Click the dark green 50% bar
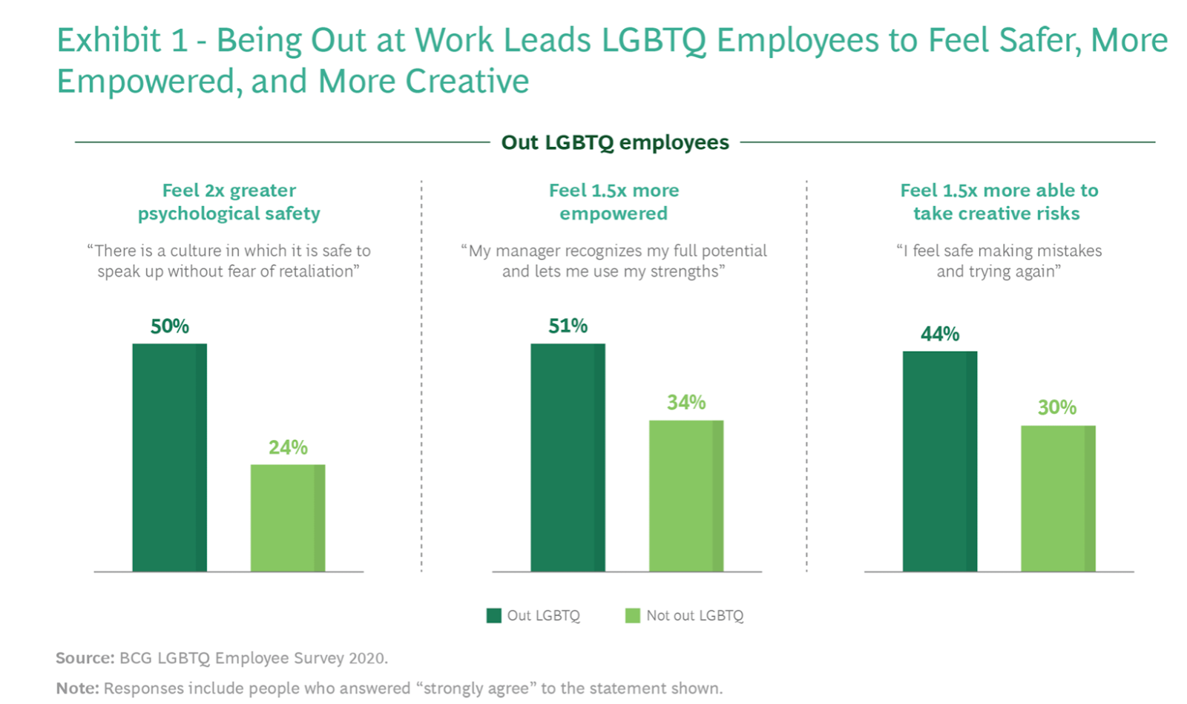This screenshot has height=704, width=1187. [169, 457]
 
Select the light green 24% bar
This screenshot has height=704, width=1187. [288, 518]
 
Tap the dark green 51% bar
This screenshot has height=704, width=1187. [568, 457]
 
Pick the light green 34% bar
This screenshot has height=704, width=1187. [686, 496]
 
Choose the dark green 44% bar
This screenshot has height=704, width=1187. [940, 461]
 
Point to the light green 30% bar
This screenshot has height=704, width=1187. [1058, 498]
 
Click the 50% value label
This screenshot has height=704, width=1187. [169, 326]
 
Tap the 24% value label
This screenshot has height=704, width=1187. [288, 447]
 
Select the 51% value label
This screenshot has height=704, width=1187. [568, 326]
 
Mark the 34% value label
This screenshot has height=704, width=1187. [686, 403]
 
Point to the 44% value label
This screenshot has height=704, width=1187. [940, 334]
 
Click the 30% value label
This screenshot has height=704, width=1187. [1057, 407]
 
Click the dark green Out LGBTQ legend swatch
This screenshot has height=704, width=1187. [493, 616]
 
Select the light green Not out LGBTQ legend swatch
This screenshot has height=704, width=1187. [633, 616]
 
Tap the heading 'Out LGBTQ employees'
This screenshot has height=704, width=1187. [615, 142]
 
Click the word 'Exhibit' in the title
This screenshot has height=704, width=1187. [108, 40]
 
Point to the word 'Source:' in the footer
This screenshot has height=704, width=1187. [85, 658]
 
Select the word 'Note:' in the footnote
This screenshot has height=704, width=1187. [77, 688]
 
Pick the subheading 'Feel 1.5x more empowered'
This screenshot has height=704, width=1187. [614, 202]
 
